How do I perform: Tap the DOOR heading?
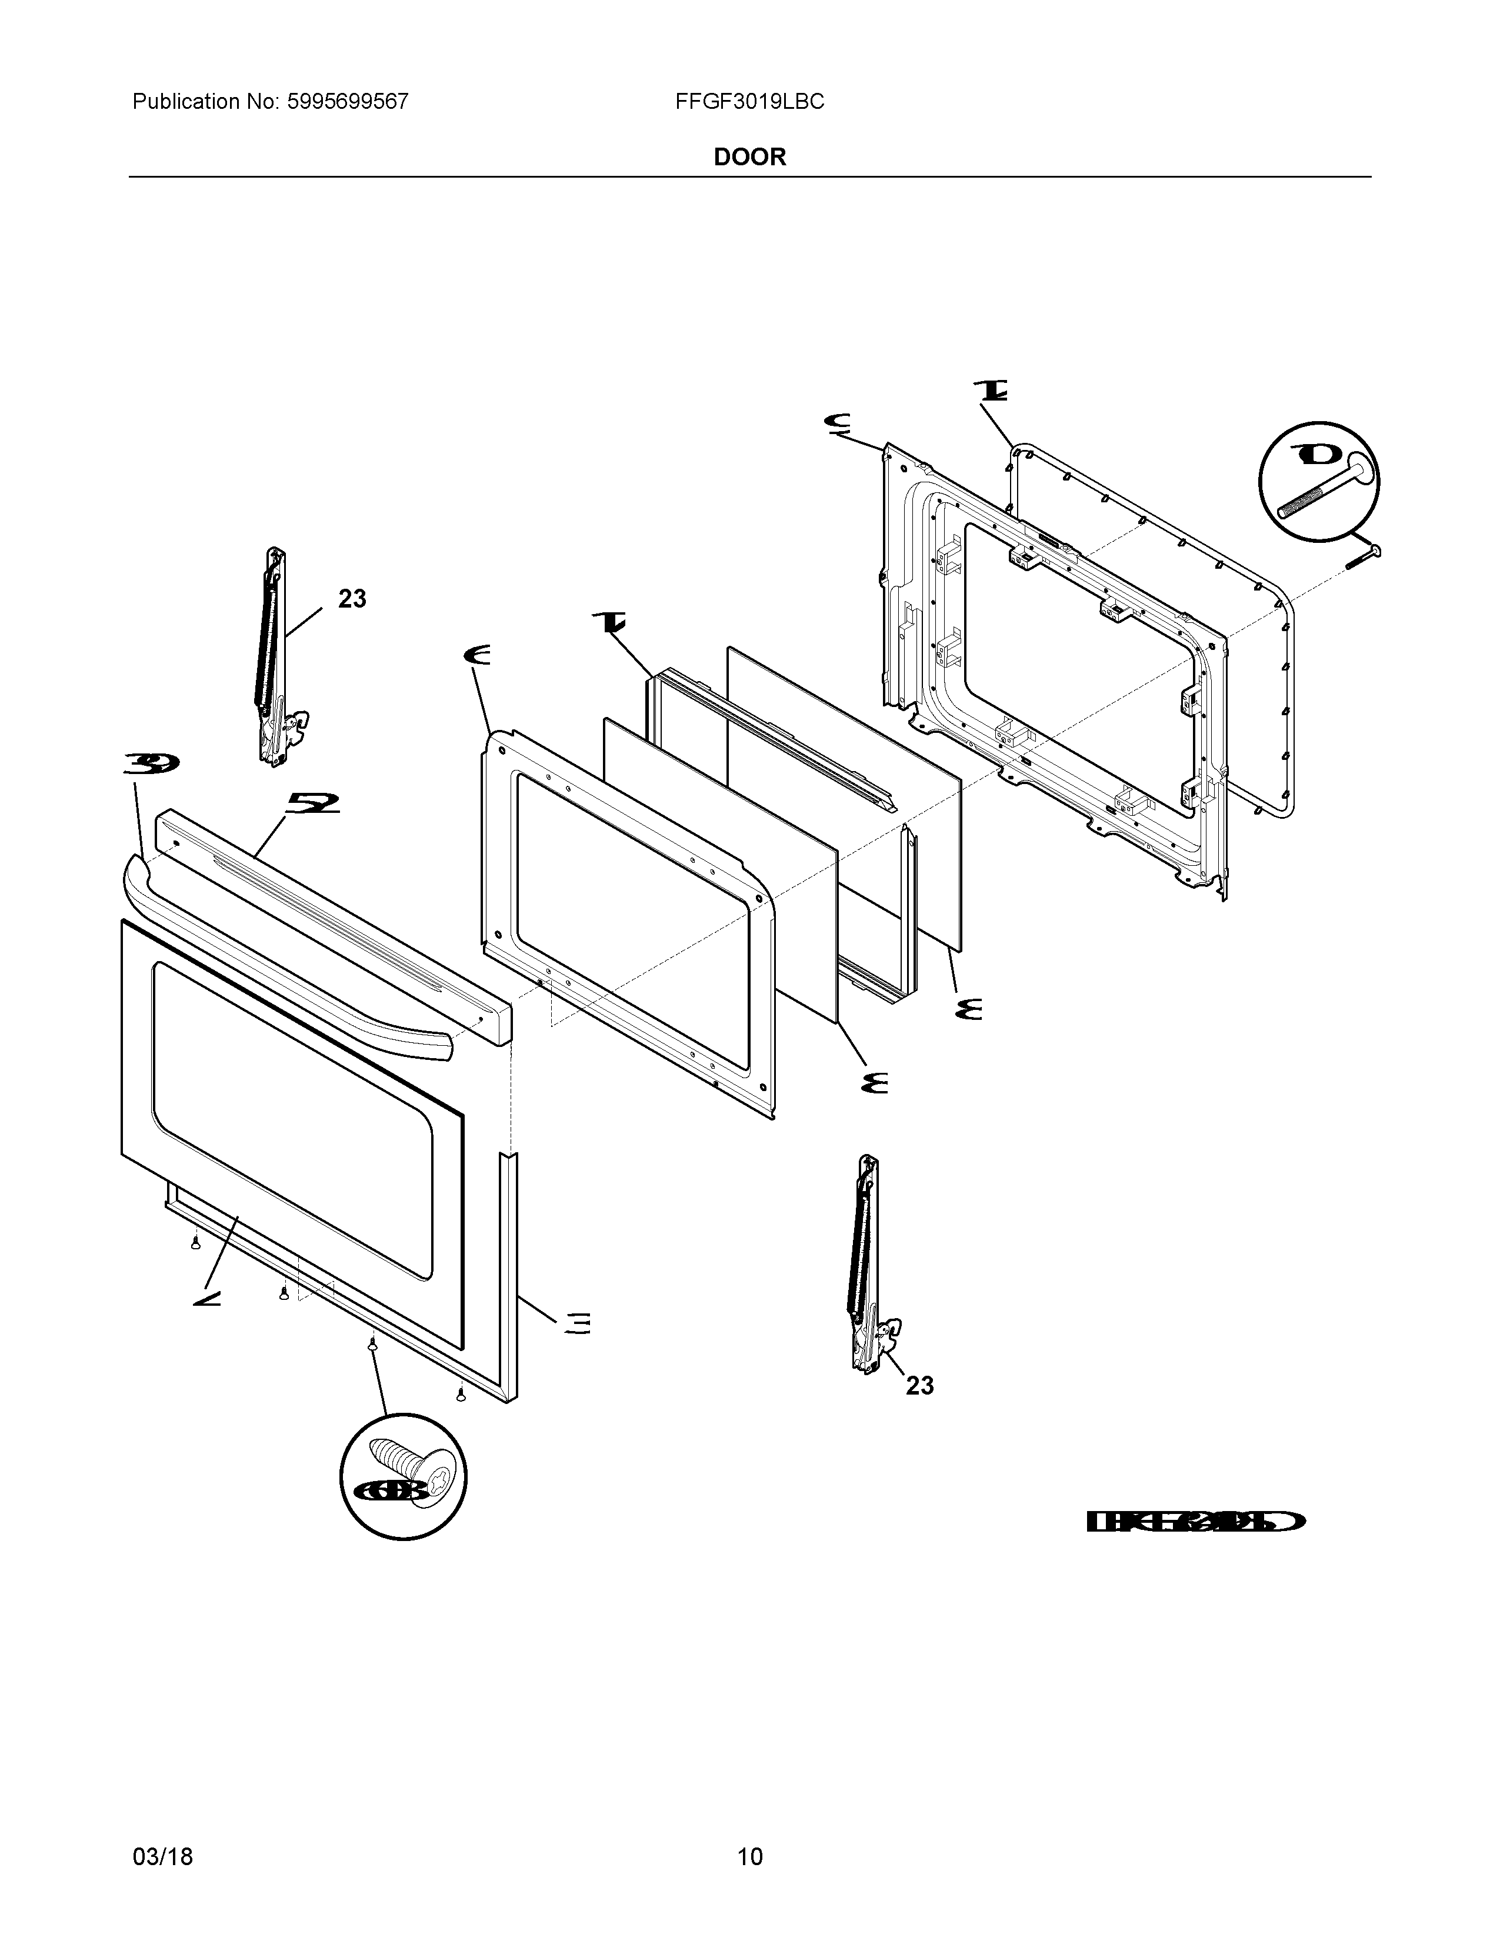tap(749, 157)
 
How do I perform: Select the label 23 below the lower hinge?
tap(920, 1386)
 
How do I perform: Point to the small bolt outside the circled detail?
tap(1363, 557)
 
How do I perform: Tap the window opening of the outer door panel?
tap(294, 1120)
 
